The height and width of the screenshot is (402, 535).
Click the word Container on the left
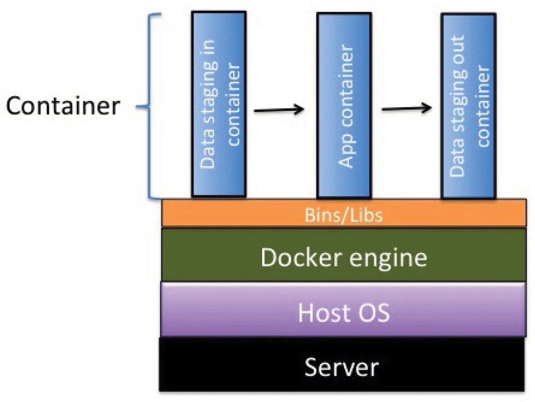[63, 107]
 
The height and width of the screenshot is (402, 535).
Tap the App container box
[344, 104]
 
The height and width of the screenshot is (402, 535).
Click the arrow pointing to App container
[278, 110]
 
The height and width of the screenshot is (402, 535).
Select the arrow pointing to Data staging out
[406, 108]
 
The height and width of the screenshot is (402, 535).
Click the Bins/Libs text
[344, 216]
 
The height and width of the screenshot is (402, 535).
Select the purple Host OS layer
[214, 310]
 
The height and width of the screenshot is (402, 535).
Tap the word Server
[342, 367]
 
